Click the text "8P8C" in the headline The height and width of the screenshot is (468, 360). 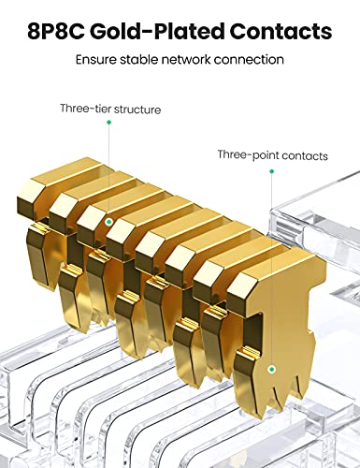click(x=56, y=31)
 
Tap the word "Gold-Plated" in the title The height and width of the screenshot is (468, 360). click(x=158, y=31)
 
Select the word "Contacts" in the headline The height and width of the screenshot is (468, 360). click(x=281, y=31)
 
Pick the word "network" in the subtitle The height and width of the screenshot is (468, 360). click(x=186, y=59)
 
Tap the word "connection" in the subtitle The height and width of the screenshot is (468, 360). click(x=249, y=59)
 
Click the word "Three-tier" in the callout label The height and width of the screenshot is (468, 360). click(x=85, y=109)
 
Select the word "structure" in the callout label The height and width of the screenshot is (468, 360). click(x=137, y=110)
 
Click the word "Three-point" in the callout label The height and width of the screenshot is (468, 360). click(x=248, y=154)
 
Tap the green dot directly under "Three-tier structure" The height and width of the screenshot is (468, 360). click(x=108, y=123)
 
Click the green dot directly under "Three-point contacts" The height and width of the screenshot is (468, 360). click(x=271, y=171)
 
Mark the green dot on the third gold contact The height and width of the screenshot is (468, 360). click(x=108, y=222)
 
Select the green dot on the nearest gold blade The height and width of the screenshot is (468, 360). click(x=272, y=370)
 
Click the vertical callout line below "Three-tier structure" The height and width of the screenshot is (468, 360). click(x=108, y=172)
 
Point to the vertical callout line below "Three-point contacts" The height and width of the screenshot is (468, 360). click(x=272, y=271)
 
